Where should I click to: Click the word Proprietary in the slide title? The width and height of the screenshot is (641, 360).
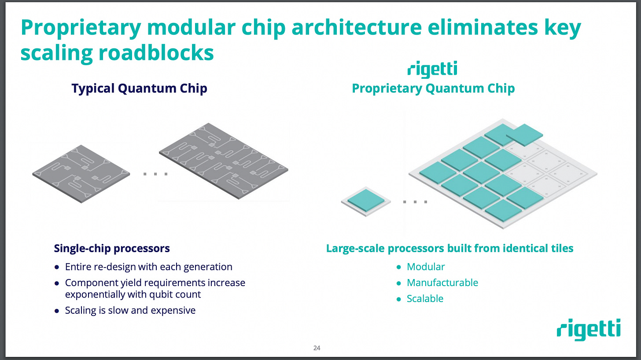click(80, 28)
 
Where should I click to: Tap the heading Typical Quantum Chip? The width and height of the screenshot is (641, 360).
click(139, 88)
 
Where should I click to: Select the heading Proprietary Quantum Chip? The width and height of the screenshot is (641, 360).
click(433, 88)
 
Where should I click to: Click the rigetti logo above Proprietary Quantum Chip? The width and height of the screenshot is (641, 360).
click(432, 70)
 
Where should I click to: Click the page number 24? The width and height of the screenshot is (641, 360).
click(317, 348)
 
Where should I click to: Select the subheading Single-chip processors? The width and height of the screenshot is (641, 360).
click(111, 248)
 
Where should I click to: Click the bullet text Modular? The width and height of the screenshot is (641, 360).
click(426, 267)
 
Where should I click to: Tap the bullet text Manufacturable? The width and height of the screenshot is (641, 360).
click(442, 283)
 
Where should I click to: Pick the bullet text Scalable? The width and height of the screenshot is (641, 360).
click(425, 298)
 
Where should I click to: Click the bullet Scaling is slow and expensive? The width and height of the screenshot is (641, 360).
click(130, 310)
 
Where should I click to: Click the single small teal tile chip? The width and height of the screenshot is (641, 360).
click(365, 201)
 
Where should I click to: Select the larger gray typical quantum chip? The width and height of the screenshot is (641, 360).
click(224, 161)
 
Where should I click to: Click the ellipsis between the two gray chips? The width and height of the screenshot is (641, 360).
click(155, 174)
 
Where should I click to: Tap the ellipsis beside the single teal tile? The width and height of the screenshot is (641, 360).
click(415, 202)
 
